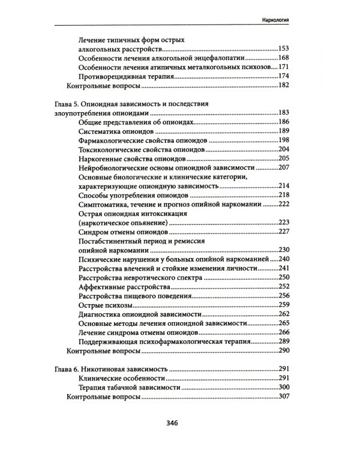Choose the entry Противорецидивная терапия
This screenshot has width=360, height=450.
pos(125,76)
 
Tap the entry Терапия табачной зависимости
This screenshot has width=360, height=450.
pos(128,388)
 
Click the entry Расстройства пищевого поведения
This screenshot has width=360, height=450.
pos(135,296)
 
